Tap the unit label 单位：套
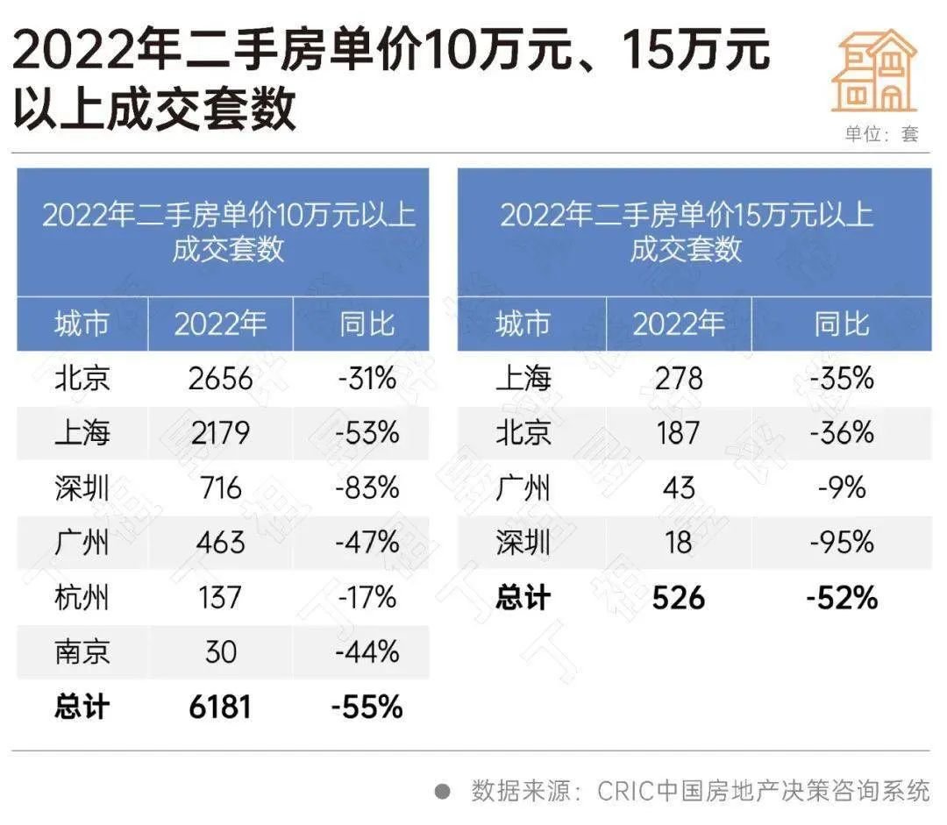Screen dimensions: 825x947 click(x=881, y=134)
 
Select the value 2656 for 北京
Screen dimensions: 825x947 click(x=220, y=379)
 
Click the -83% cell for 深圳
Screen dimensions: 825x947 click(x=367, y=487)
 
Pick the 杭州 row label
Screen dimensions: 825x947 click(x=82, y=598)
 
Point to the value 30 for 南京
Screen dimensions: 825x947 click(x=220, y=652)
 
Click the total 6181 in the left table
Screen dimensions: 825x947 click(x=220, y=707)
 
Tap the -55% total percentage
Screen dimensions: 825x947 click(x=367, y=707)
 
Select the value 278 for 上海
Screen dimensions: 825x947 click(x=679, y=379)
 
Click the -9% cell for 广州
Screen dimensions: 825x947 click(x=842, y=487)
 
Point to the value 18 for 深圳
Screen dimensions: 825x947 click(x=679, y=543)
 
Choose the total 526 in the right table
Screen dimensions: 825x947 click(x=679, y=598)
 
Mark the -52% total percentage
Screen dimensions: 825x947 click(x=842, y=598)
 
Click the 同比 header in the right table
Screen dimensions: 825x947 click(x=842, y=324)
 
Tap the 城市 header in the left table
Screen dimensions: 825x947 click(x=82, y=324)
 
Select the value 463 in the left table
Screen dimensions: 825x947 click(x=220, y=543)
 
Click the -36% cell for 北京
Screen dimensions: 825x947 click(x=842, y=433)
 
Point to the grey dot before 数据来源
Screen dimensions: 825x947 click(x=443, y=792)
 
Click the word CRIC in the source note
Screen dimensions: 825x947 click(x=626, y=792)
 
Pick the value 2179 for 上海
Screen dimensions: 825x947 click(x=220, y=433)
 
